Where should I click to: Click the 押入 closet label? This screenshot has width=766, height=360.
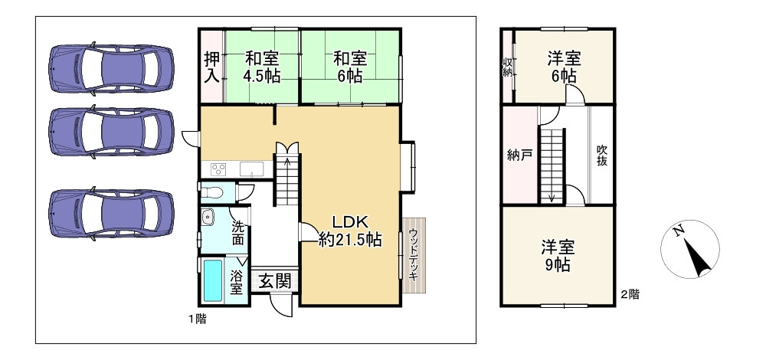pos(211,67)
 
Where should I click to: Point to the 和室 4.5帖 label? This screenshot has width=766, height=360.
pos(261,67)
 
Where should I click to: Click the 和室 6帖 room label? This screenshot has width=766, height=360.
pos(349,67)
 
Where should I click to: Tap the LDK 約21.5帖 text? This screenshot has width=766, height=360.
pos(350,230)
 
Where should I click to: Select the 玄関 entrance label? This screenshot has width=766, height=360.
pos(273,281)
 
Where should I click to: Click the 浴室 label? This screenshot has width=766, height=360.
pos(237,281)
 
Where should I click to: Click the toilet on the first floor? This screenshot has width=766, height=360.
pos(215,191)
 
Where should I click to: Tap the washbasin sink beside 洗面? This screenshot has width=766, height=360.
pos(208,218)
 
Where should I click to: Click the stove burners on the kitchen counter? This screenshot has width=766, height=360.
pos(216,169)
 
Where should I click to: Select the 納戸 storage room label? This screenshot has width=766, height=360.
pos(519,155)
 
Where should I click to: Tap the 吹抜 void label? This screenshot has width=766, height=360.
pos(603,155)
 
